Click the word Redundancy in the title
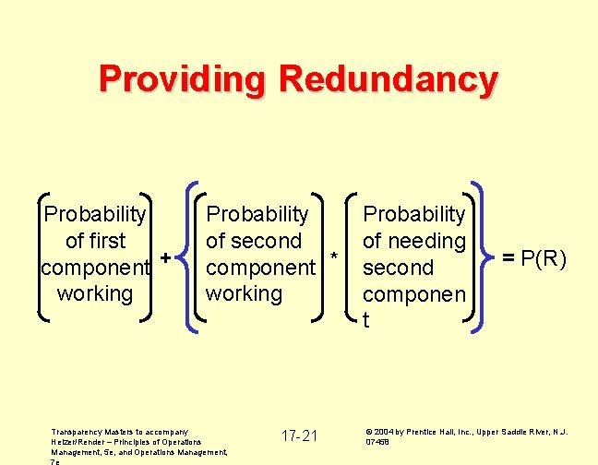(389, 78)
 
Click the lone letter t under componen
(366, 320)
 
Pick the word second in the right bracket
(398, 268)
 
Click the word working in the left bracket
(95, 293)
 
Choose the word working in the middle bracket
(245, 293)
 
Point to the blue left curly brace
(189, 256)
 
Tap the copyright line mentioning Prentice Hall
(466, 435)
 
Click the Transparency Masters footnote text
(138, 442)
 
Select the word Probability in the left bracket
(95, 214)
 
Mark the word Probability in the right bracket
(414, 214)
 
